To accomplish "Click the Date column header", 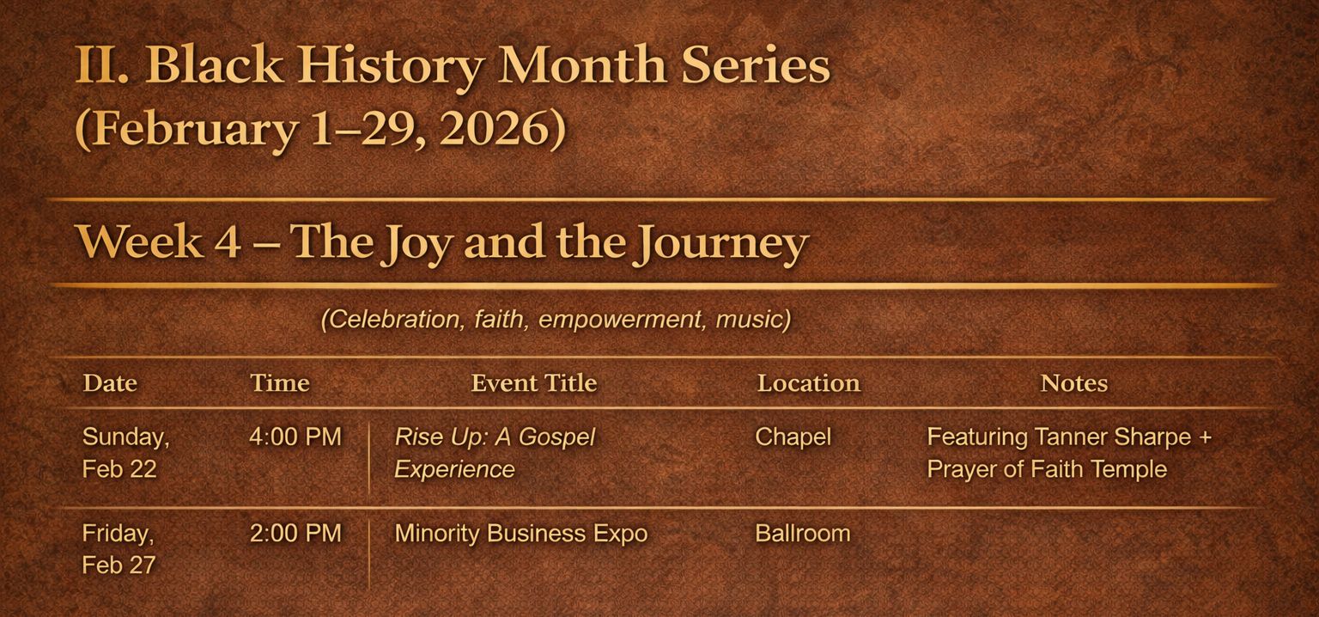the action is pyautogui.click(x=110, y=383).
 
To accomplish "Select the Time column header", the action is pyautogui.click(x=280, y=383).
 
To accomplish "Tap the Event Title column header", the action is pyautogui.click(x=534, y=383).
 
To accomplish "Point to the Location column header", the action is pyautogui.click(x=808, y=383).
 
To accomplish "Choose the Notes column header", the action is pyautogui.click(x=1074, y=383).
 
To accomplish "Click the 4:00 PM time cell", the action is pyautogui.click(x=295, y=437).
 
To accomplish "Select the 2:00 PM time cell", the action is pyautogui.click(x=295, y=534).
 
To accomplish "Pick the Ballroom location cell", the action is pyautogui.click(x=803, y=534).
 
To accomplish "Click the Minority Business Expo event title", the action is pyautogui.click(x=521, y=534).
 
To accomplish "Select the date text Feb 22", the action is pyautogui.click(x=119, y=470).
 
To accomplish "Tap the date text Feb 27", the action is pyautogui.click(x=119, y=565).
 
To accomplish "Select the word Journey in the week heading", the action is pyautogui.click(x=723, y=244).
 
